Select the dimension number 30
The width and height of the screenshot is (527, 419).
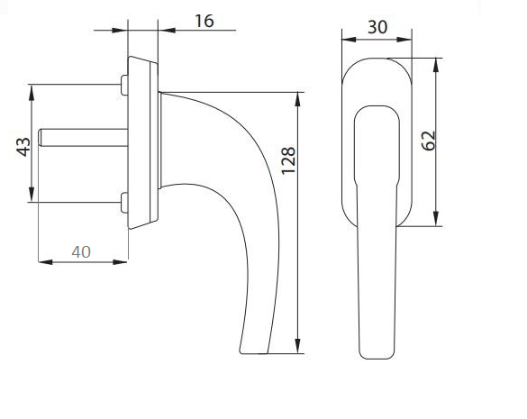[x=377, y=26]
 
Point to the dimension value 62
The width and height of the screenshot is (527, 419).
[x=428, y=140]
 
